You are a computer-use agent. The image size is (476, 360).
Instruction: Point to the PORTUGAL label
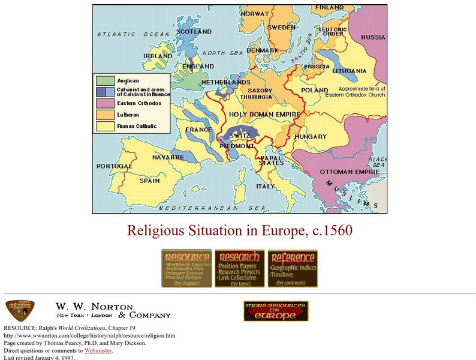pyautogui.click(x=114, y=166)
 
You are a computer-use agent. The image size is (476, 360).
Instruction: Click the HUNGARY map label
pyautogui.click(x=311, y=137)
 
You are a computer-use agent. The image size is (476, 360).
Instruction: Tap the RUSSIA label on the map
pyautogui.click(x=373, y=37)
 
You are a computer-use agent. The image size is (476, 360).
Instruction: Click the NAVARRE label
pyautogui.click(x=168, y=157)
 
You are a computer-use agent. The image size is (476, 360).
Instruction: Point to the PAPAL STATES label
pyautogui.click(x=271, y=160)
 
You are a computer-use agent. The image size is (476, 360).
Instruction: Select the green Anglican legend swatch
pyautogui.click(x=104, y=80)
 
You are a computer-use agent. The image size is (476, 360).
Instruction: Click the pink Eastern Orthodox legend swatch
pyautogui.click(x=104, y=103)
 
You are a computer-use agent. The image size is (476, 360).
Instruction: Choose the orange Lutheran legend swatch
pyautogui.click(x=104, y=115)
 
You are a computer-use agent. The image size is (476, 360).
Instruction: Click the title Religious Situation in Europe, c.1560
pyautogui.click(x=239, y=230)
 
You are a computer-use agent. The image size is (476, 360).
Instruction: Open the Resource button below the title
pyautogui.click(x=186, y=268)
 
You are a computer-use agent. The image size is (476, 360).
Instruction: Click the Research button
pyautogui.click(x=239, y=268)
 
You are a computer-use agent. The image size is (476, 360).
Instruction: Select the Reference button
pyautogui.click(x=292, y=268)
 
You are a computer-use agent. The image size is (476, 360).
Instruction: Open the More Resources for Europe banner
pyautogui.click(x=276, y=311)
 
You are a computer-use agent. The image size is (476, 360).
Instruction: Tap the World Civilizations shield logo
pyautogui.click(x=19, y=310)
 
